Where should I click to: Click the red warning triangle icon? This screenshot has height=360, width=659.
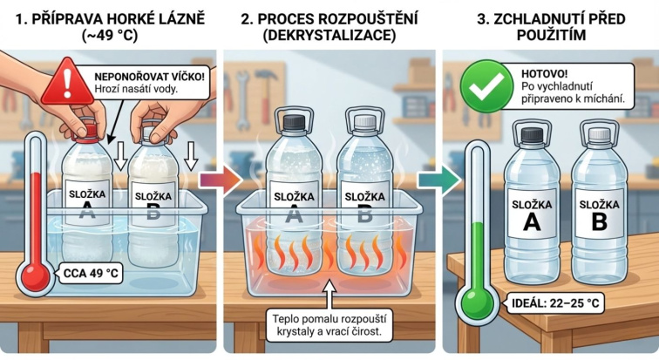click(67, 83)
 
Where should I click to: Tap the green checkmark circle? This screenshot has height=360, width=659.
click(486, 86)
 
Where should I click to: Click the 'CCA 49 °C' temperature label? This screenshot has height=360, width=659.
click(91, 274)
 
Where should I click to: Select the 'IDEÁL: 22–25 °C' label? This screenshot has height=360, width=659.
click(555, 302)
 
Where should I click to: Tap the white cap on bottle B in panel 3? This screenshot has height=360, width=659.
click(600, 133)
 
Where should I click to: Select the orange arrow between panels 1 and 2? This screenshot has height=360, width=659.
click(221, 180)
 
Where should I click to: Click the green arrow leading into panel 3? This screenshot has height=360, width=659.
click(439, 180)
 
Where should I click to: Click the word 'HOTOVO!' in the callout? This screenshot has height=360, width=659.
click(544, 74)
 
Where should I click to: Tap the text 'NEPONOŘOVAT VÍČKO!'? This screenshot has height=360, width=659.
click(149, 77)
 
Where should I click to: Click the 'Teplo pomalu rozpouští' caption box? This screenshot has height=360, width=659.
click(329, 325)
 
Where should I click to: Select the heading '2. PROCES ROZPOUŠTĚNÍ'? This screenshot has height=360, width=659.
click(329, 19)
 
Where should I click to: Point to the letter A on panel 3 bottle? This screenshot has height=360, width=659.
click(531, 223)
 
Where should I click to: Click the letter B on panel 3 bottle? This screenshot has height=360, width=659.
click(600, 221)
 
